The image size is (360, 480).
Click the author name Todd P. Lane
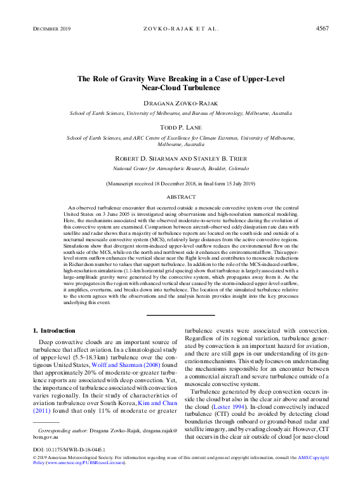(180, 127)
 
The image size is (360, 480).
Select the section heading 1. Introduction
(53, 331)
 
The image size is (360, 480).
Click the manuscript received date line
(180, 183)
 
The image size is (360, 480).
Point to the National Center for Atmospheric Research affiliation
(180, 168)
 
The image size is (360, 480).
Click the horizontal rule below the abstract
(180, 314)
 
